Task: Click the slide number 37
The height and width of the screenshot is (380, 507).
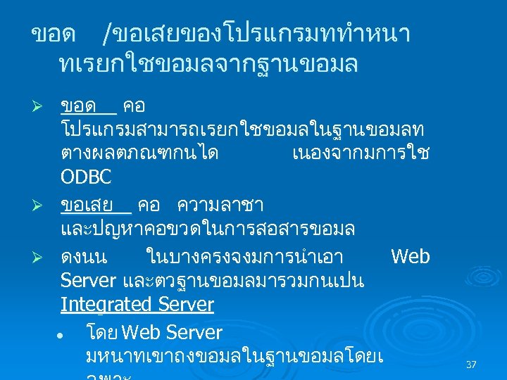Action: [x=471, y=365]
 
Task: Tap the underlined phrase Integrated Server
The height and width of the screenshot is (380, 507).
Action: [x=137, y=305]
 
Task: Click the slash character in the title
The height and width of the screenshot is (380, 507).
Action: [x=107, y=33]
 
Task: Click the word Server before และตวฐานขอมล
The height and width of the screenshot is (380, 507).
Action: [x=88, y=281]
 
